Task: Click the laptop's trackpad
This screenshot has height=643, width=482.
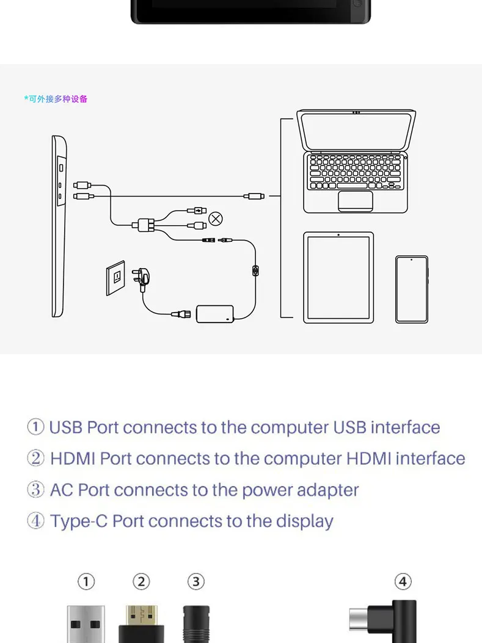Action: click(x=356, y=201)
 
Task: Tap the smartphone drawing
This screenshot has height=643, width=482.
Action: click(x=412, y=289)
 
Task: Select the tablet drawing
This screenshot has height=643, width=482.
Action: click(x=338, y=278)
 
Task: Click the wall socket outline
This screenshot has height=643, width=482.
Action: click(x=115, y=278)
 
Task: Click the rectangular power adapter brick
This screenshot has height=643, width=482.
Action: click(x=215, y=314)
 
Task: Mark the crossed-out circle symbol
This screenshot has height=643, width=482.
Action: click(x=216, y=219)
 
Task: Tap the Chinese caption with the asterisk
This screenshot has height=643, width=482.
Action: click(x=56, y=99)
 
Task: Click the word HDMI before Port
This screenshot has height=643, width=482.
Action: click(x=73, y=459)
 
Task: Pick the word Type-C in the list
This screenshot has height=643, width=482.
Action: click(x=79, y=521)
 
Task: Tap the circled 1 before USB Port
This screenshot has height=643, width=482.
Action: click(x=35, y=427)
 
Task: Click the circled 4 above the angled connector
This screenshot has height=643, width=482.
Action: click(x=403, y=581)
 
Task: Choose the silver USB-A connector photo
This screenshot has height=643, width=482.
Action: click(x=86, y=624)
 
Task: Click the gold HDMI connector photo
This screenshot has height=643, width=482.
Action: click(x=142, y=624)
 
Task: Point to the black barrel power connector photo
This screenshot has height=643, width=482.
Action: click(x=196, y=624)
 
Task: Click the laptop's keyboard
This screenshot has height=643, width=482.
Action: click(x=356, y=172)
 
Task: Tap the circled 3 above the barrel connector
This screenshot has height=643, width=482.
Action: click(x=196, y=581)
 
